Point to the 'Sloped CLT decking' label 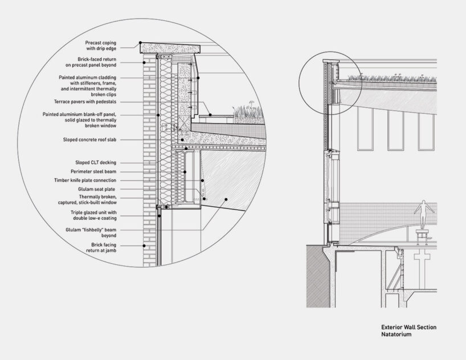[109, 162]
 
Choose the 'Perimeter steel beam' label [106, 171]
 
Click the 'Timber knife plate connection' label [101, 180]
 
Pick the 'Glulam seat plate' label [112, 189]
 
